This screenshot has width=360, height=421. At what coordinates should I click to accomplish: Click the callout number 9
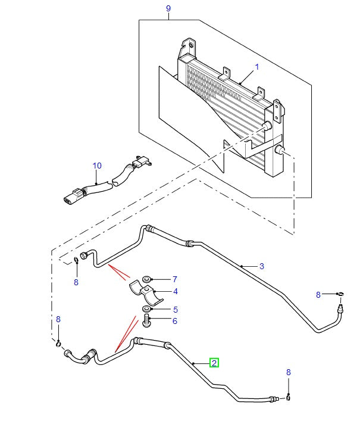(168, 8)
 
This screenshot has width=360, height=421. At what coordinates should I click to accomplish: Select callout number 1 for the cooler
(257, 67)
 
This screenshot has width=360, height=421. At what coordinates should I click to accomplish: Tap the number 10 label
(97, 165)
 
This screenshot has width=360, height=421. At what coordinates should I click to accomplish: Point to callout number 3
(261, 266)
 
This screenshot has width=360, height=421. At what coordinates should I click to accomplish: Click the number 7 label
(175, 279)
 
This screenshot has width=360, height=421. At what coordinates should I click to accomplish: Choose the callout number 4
(176, 292)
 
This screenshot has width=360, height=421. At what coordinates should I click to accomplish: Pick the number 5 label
(175, 310)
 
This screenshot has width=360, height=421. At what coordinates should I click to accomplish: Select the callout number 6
(175, 321)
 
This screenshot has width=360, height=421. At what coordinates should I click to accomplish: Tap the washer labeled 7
(147, 278)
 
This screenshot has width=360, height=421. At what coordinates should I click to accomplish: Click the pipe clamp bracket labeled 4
(145, 292)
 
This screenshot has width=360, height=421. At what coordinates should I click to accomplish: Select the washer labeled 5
(146, 310)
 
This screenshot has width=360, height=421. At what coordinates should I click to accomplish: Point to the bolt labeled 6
(146, 322)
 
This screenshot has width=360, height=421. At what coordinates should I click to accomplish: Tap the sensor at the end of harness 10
(142, 161)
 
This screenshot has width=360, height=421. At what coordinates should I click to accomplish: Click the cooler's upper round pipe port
(267, 126)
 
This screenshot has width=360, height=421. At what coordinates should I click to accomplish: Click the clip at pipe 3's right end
(340, 294)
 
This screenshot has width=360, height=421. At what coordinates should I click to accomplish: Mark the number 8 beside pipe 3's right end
(318, 295)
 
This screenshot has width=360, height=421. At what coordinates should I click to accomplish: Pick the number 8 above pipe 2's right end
(289, 372)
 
